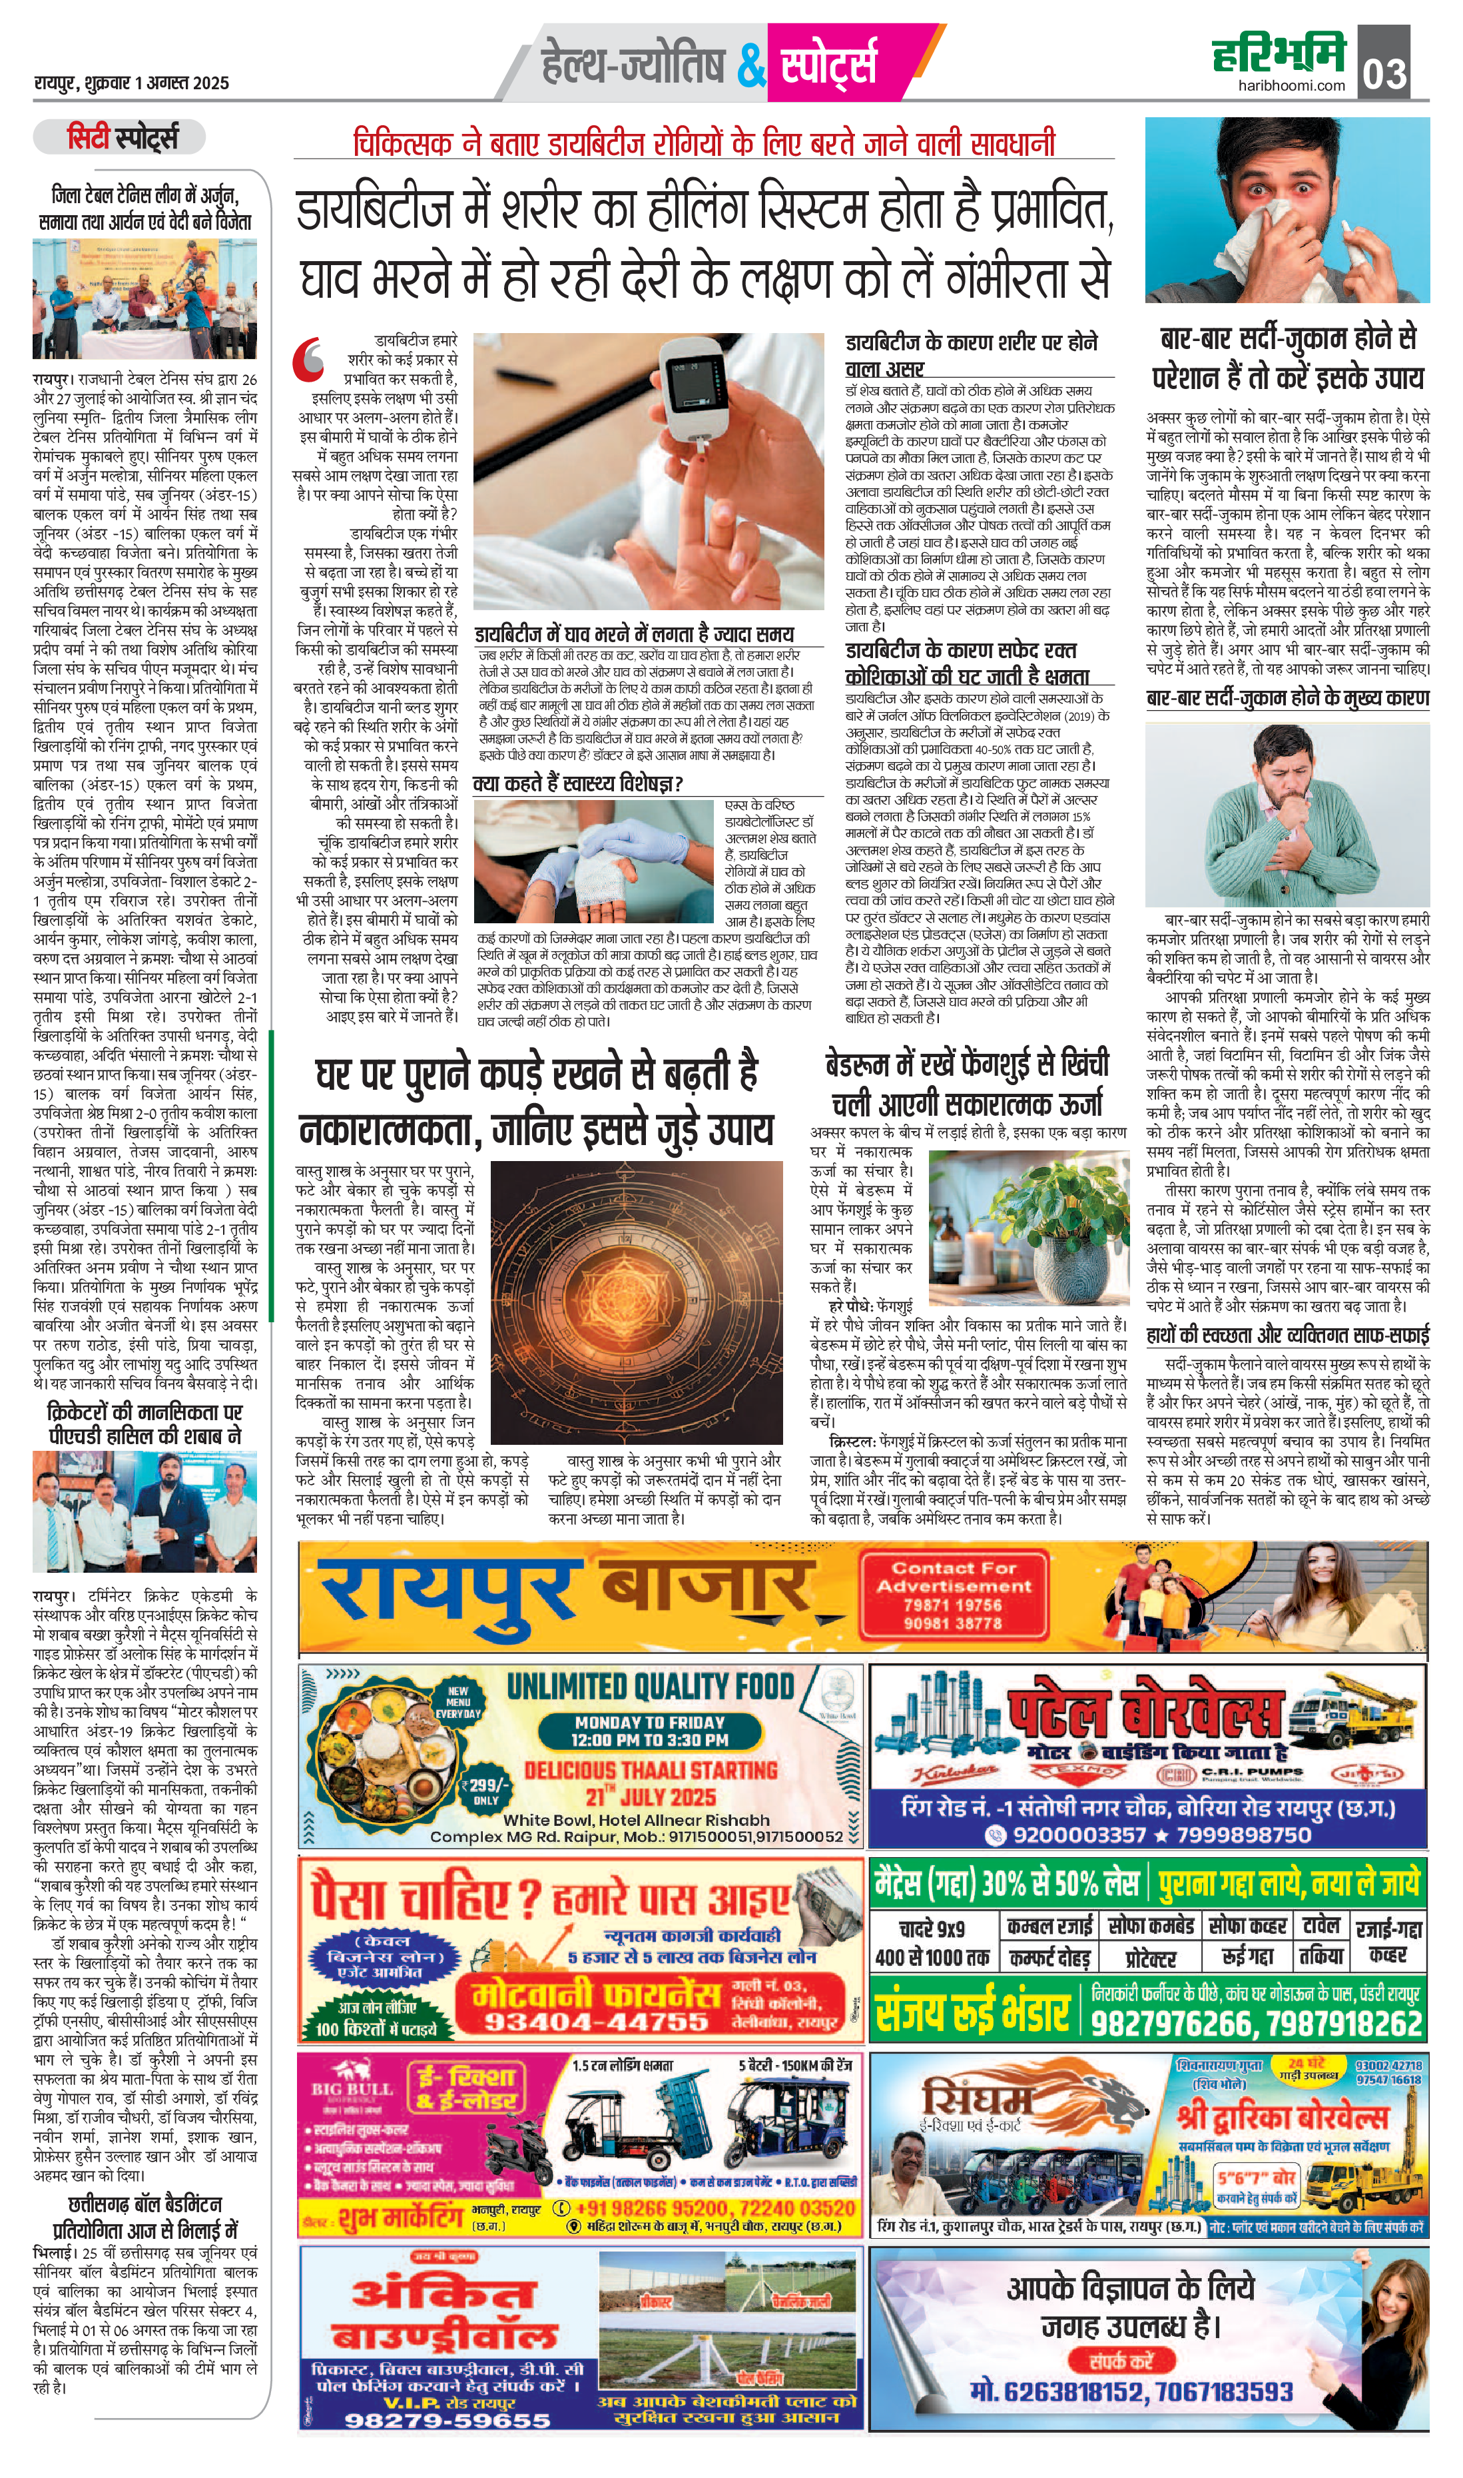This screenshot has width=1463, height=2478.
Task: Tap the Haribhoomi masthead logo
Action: tap(1279, 53)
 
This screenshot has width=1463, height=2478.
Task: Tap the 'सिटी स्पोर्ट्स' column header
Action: tap(123, 138)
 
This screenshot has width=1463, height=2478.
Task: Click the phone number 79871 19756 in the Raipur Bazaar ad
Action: tap(954, 1604)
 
